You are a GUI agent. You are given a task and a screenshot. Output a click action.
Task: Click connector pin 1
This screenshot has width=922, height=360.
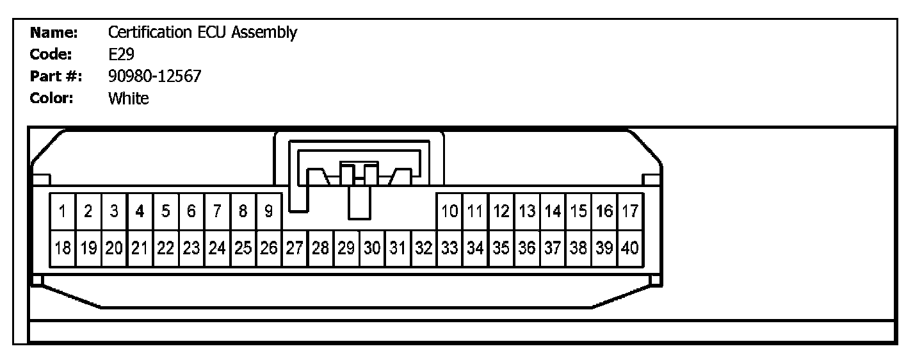point(63,211)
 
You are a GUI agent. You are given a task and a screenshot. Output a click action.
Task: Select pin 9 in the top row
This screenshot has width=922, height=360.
point(269,211)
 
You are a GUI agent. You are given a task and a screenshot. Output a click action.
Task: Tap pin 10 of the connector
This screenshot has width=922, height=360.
point(450,211)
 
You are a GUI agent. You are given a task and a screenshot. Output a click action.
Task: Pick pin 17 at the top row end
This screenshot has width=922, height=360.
point(630,211)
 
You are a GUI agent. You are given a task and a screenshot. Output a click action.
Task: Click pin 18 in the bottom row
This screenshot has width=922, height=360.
point(63,247)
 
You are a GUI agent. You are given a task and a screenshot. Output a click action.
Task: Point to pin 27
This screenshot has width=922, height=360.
point(295,247)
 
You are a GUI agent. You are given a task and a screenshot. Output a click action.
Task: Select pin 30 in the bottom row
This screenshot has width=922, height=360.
point(372,247)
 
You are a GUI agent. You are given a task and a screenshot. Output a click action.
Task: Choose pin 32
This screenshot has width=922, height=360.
point(424,247)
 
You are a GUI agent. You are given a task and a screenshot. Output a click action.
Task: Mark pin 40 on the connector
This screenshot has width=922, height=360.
point(630,247)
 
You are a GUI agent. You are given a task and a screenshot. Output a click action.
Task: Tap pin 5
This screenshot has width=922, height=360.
point(166,211)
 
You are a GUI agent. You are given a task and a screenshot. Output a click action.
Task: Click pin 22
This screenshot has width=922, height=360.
point(166,247)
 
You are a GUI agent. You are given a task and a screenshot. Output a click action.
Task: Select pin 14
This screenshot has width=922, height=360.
point(553,211)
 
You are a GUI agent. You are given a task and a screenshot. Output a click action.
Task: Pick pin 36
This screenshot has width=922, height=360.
point(527,247)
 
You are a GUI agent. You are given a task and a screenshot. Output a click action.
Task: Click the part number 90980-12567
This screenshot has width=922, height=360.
point(155,76)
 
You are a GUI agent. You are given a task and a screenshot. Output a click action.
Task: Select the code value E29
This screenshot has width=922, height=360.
point(121,54)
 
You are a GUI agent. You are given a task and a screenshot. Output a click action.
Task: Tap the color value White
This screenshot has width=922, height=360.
point(128,99)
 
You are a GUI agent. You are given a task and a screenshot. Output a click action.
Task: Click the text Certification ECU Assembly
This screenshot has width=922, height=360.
point(202,33)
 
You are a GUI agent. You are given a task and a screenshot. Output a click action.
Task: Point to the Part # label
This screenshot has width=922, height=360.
point(56,76)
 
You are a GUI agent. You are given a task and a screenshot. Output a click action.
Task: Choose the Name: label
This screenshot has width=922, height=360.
point(54,33)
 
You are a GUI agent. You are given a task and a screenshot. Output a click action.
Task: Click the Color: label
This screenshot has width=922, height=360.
point(52,99)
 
